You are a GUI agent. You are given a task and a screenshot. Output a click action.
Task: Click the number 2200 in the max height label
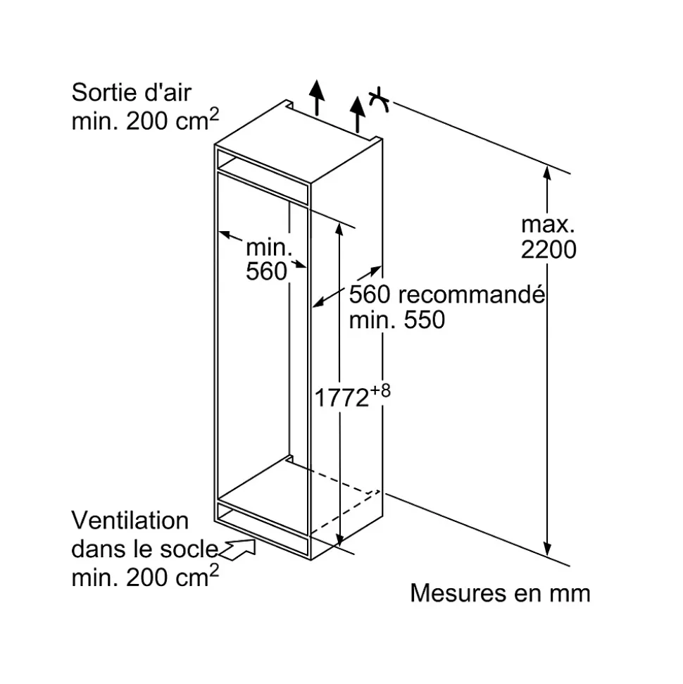click(549, 249)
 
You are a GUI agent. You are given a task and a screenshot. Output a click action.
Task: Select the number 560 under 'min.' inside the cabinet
click(267, 271)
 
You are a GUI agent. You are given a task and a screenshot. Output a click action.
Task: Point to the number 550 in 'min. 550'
click(425, 320)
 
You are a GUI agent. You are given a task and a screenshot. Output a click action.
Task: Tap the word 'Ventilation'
click(130, 521)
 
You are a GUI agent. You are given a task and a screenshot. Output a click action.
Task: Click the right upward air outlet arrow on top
click(358, 113)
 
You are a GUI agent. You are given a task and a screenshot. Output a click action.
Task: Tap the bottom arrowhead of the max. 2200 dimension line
click(547, 549)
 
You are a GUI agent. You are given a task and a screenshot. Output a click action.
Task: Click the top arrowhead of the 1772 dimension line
click(340, 229)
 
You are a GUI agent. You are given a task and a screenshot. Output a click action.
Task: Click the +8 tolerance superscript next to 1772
click(380, 390)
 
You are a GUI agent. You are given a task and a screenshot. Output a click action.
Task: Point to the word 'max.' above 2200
click(548, 225)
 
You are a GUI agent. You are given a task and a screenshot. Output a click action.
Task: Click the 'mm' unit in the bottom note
click(570, 593)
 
